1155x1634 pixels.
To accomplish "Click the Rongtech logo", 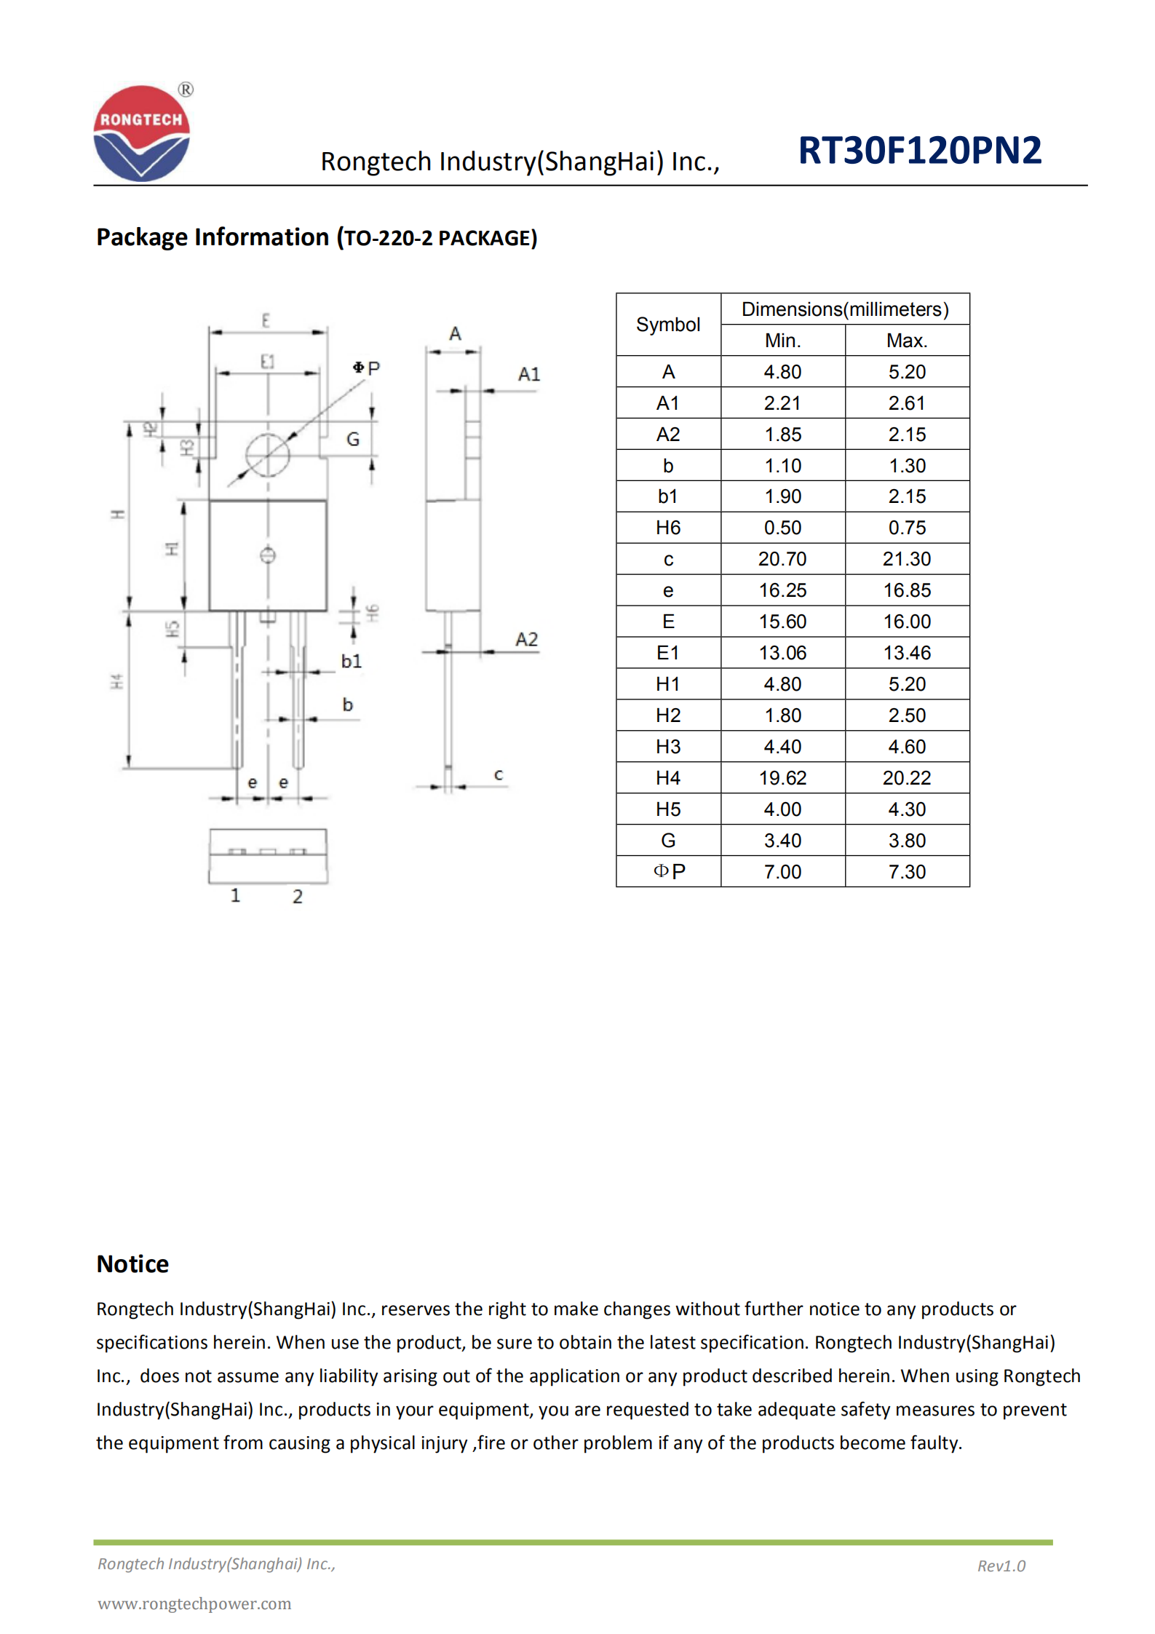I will coord(141,133).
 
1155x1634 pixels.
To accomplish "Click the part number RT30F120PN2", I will coord(919,151).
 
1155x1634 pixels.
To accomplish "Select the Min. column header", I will coord(782,341).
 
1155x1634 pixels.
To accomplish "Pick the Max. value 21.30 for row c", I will coord(906,559).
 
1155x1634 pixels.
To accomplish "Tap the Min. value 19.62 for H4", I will coord(782,778).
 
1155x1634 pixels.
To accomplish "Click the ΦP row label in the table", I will coord(668,871).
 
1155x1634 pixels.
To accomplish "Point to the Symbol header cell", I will coord(667,325).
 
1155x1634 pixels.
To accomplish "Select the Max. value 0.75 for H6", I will coord(906,528).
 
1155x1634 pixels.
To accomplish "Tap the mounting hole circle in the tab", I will coord(267,455).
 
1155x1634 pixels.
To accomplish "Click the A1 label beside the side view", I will coord(529,374).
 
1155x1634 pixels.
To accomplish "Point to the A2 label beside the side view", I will coord(526,639).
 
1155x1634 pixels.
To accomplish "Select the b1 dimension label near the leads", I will coord(351,661).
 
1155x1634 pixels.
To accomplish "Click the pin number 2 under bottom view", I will coord(298,896).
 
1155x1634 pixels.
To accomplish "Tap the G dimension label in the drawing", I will coord(353,439).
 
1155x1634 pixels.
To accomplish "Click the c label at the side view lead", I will coord(499,774).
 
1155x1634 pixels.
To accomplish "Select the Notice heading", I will coord(132,1264).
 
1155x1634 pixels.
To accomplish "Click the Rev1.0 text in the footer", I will coord(1001,1566).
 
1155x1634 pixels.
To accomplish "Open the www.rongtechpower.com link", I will coord(194,1603).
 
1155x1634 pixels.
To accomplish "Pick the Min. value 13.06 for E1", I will coord(782,653).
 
